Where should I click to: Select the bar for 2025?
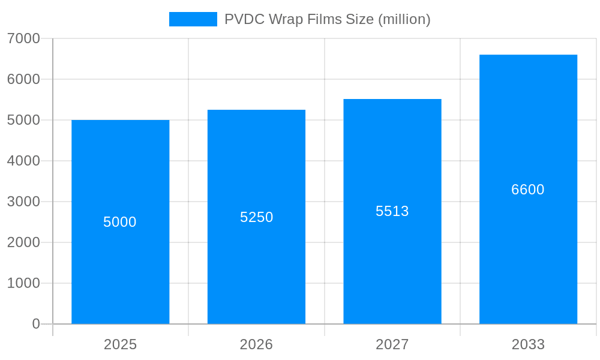pos(120,270)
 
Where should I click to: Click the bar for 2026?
pos(256,270)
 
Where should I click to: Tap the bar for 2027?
pos(392,270)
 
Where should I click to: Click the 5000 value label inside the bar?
pos(120,222)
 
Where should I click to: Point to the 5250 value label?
pos(256,217)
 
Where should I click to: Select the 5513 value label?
pos(392,211)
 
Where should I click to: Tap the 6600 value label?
pos(528,190)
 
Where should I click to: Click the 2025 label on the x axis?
pos(120,344)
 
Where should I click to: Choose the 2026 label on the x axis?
pos(256,344)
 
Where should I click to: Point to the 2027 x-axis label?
pos(392,344)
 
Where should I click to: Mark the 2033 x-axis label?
pos(528,344)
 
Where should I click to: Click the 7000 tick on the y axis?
pos(23,38)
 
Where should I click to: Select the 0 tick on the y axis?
pos(35,324)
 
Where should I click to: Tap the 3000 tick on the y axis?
pos(23,202)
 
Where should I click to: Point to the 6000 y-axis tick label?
pos(23,79)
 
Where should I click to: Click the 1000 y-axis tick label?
pos(23,283)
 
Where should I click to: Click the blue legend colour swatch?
pos(193,19)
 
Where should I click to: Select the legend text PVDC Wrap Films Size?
pos(327,19)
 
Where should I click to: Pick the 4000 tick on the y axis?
pos(23,161)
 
